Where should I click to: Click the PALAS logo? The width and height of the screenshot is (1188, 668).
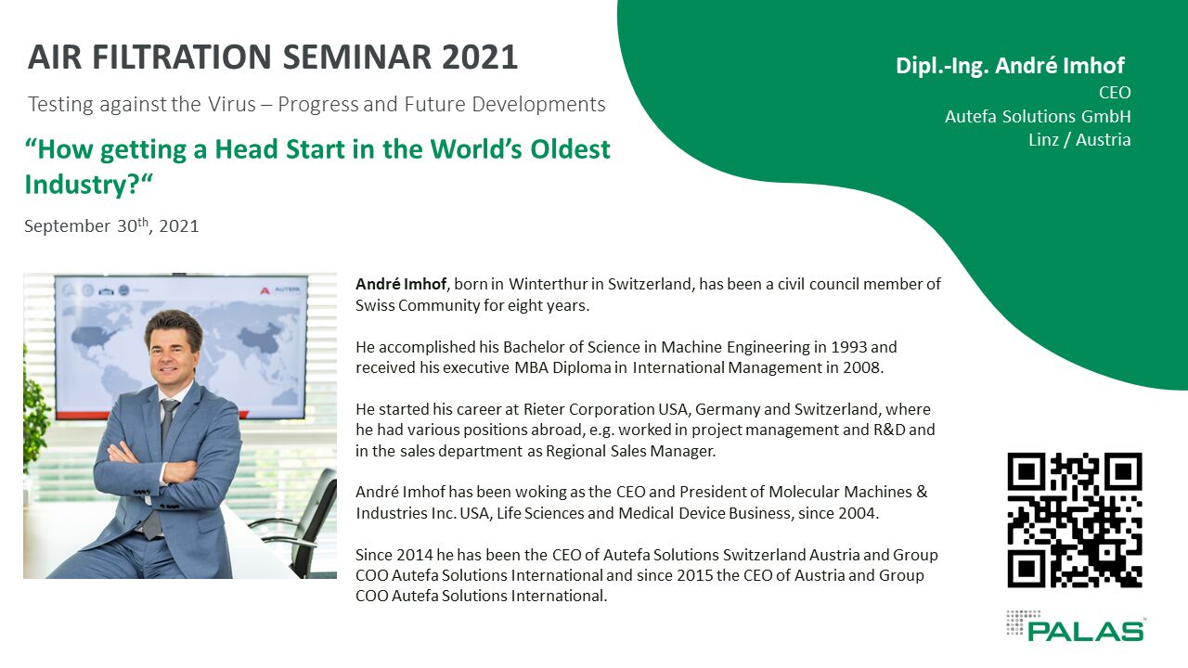(x=1075, y=625)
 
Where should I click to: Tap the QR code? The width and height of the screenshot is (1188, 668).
(x=1075, y=520)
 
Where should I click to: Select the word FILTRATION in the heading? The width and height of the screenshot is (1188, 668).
(x=182, y=58)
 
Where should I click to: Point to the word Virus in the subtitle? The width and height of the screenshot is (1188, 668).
(x=232, y=105)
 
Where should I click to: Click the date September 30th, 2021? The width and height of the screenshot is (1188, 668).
(x=111, y=225)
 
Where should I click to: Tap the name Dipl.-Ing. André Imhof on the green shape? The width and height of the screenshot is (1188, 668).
(x=1010, y=66)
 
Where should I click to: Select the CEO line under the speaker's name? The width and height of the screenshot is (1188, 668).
(x=1115, y=92)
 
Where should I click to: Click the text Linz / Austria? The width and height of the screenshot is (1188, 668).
(x=1079, y=140)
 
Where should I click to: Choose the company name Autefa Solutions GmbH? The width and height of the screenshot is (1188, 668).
(x=1038, y=116)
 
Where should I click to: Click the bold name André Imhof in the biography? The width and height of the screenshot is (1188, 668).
(x=401, y=284)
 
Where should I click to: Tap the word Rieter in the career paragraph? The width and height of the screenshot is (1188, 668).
(x=544, y=409)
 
